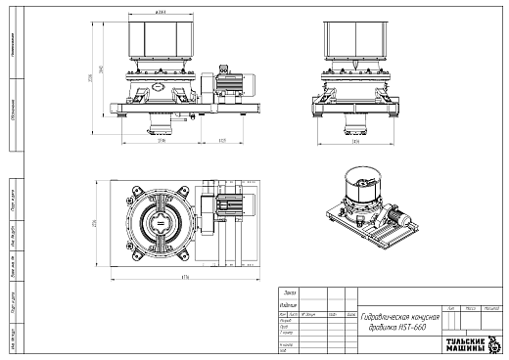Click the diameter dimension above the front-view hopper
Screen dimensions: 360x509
[160, 13]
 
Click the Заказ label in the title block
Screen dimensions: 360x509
[289, 292]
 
